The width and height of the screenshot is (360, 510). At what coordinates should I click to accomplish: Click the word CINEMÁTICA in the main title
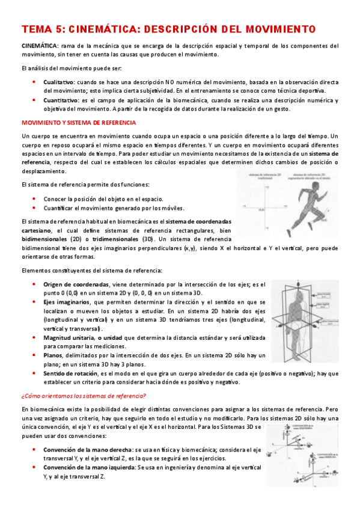pos(105,28)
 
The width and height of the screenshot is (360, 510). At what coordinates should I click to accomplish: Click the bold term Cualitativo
pos(59,81)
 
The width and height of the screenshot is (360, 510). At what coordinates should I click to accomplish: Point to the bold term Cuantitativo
pos(61,100)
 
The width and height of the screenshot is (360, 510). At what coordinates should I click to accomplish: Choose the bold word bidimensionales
pos(46,239)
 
